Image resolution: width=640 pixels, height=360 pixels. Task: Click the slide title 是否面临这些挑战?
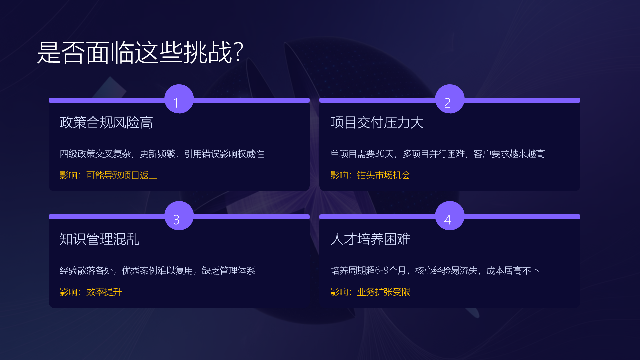coord(140,52)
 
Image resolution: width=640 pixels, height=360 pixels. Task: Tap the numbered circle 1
coord(179,99)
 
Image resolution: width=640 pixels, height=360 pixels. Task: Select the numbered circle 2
coord(450,99)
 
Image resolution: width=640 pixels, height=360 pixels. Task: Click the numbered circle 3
coord(179,216)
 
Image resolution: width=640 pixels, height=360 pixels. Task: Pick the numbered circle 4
coord(450,216)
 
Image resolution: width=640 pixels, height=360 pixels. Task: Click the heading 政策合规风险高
coord(106,122)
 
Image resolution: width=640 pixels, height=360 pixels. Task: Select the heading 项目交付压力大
coord(377,122)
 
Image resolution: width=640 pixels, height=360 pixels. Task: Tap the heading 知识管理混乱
coord(100,239)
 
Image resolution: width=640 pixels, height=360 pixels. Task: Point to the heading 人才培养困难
coord(370,239)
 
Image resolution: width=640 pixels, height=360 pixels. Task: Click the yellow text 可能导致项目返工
coord(122,175)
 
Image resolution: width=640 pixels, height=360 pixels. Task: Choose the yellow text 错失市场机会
coord(384,175)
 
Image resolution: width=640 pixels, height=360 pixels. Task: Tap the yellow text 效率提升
coord(104,292)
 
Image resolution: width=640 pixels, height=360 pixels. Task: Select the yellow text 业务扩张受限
coord(384,292)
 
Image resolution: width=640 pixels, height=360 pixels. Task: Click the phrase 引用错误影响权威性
coord(224,154)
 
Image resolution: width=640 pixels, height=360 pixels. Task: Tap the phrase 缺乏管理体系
coord(228,270)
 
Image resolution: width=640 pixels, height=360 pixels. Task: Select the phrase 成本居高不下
coord(513,270)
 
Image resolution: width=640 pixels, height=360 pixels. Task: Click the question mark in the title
coord(239,52)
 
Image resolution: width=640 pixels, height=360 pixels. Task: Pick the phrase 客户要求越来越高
coord(509,154)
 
